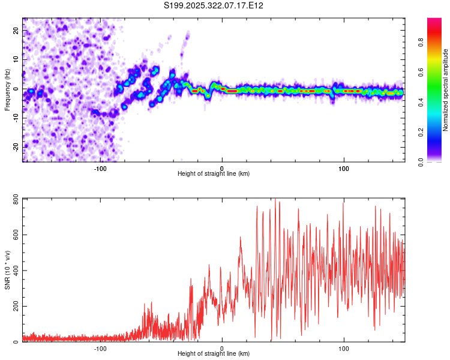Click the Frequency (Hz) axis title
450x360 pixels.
pyautogui.click(x=7, y=90)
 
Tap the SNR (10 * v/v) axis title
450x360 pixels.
pyautogui.click(x=7, y=270)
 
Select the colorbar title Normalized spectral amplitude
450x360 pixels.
pyautogui.click(x=446, y=90)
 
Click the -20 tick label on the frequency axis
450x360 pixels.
pyautogui.click(x=15, y=147)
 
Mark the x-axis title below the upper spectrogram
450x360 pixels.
pyautogui.click(x=214, y=174)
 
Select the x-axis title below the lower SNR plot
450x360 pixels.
pyautogui.click(x=214, y=354)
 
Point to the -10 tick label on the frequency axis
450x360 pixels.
pyautogui.click(x=15, y=118)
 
